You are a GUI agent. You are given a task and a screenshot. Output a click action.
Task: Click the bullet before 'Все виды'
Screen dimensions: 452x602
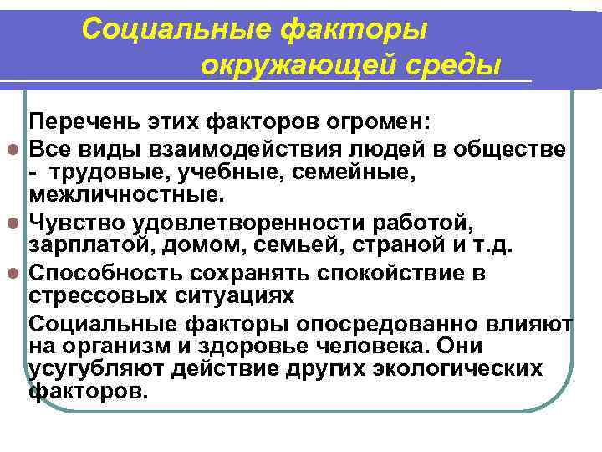[17, 150]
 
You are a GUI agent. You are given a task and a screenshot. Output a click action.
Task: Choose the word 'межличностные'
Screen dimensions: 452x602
[125, 196]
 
